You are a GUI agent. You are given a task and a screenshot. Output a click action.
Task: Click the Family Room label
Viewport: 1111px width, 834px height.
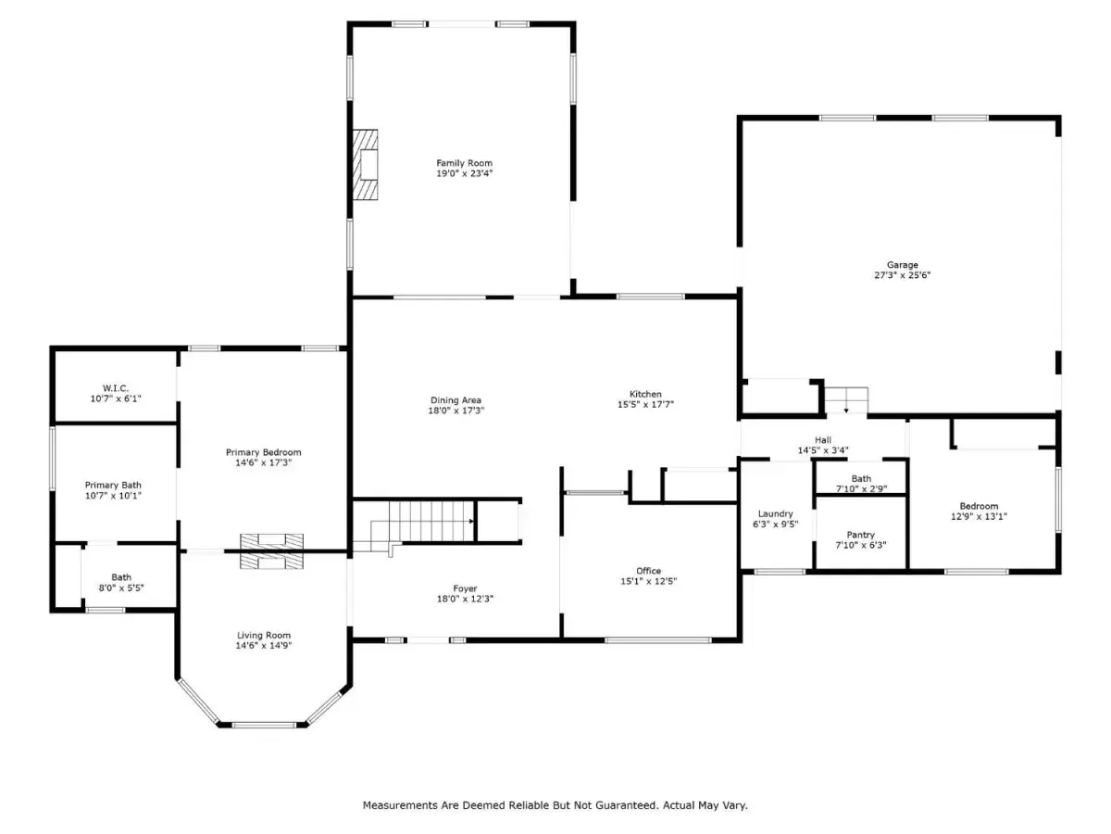[x=464, y=163]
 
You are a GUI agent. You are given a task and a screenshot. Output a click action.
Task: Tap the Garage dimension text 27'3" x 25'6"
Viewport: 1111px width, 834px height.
[x=903, y=275]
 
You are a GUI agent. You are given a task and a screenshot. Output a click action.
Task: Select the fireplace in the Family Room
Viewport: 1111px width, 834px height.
[x=366, y=165]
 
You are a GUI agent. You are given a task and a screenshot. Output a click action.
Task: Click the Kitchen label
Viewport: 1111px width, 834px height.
[x=645, y=394]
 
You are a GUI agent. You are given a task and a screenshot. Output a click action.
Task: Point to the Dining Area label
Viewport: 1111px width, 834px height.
[x=456, y=400]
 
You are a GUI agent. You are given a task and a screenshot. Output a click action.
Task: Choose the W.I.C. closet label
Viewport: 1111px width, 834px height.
[x=116, y=388]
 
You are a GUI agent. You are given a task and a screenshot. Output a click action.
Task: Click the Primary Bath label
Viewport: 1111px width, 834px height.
[x=113, y=485]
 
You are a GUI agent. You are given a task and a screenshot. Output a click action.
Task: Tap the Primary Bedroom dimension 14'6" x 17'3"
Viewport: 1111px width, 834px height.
[x=264, y=462]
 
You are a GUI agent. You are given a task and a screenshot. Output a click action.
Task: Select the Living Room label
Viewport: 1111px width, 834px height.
[x=264, y=635]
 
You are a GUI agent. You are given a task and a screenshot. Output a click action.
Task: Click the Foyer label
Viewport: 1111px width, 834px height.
[x=465, y=588]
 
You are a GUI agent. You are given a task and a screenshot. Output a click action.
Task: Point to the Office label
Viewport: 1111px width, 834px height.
[x=649, y=571]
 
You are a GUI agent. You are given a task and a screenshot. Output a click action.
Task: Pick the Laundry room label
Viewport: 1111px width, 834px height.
[x=776, y=513]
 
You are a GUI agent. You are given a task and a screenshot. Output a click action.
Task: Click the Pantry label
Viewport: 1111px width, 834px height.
[x=860, y=535]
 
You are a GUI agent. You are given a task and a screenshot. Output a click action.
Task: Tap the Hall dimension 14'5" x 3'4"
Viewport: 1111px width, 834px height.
[x=823, y=450]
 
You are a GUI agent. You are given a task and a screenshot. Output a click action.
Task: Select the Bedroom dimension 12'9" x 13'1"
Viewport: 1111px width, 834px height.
[x=979, y=516]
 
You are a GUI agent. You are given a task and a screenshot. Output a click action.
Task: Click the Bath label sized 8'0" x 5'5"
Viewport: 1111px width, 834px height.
[x=121, y=577]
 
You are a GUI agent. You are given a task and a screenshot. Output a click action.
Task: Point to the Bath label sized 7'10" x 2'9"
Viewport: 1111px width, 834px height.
[x=861, y=478]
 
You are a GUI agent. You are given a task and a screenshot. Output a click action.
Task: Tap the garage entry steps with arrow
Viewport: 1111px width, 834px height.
[x=846, y=400]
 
